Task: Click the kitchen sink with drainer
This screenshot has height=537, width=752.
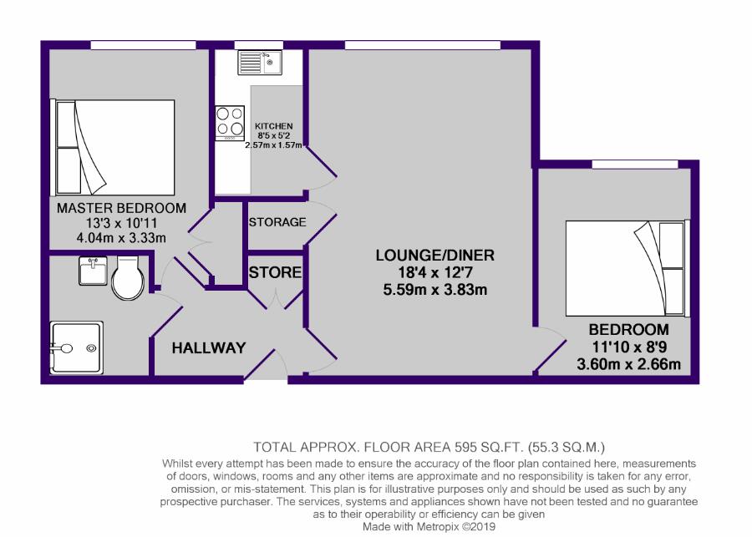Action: coord(260,63)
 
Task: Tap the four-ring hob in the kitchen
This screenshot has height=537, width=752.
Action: coord(230,124)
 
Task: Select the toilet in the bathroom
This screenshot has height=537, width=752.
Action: coord(128,278)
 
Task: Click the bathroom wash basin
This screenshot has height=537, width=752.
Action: coord(94,271)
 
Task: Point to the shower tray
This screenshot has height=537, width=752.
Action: coord(77,347)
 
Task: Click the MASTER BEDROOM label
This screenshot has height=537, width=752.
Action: coord(121,208)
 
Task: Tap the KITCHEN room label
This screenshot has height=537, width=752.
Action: coord(273,126)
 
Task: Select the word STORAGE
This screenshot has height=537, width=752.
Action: coord(277,222)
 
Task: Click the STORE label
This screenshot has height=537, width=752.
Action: coord(275,272)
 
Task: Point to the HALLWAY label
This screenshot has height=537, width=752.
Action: coord(209,347)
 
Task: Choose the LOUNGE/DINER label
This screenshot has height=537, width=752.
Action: coord(435,255)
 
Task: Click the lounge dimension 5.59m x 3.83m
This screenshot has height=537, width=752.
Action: coord(435,290)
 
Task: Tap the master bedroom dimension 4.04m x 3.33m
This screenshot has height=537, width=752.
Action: coord(121,238)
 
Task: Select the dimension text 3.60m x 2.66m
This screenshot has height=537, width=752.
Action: coord(628,364)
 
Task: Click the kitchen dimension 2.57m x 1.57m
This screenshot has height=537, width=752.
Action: coord(273,144)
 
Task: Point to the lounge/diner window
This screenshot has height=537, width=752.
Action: coord(423,45)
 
